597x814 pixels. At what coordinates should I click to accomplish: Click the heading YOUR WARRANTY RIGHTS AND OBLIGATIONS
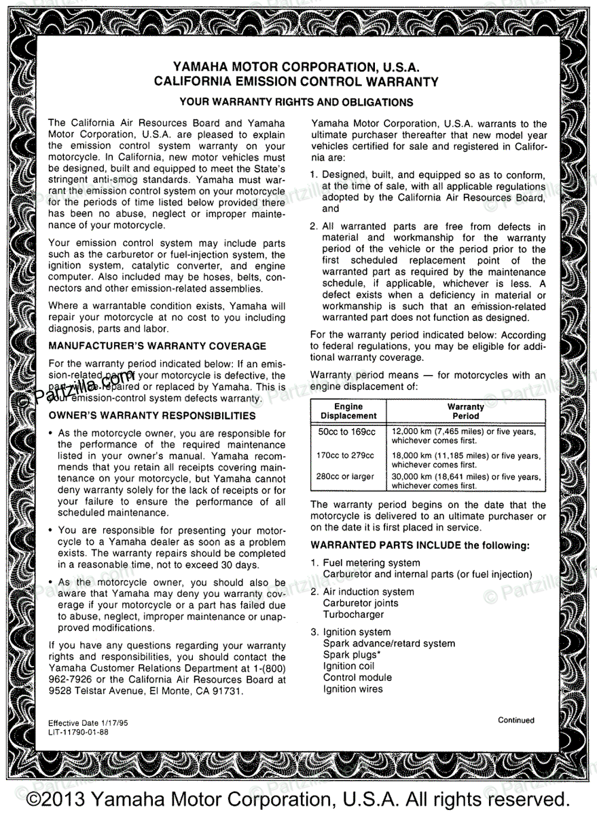pos(295,102)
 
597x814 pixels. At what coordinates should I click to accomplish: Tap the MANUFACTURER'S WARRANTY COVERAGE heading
pos(157,346)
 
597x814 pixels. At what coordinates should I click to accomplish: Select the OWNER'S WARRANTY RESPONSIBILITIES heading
pos(152,416)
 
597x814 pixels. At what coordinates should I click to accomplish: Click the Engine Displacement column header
pos(348,411)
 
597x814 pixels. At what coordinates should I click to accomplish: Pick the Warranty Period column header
pos(466,411)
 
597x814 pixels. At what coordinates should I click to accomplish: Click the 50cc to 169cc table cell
pos(346,431)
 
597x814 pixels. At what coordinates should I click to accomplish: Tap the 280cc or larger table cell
pos(345,477)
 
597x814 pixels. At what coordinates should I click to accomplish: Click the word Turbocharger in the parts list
pos(353,615)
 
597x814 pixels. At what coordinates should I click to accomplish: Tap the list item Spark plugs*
pos(351,655)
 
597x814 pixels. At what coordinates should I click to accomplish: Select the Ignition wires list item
pos(352,689)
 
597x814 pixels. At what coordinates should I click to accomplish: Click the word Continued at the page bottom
pos(515,720)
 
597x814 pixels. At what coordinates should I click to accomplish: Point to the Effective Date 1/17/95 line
pos(88,724)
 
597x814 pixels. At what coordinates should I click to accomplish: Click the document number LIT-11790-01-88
pos(78,733)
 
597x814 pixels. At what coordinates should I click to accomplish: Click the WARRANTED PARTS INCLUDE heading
pos(420,545)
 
